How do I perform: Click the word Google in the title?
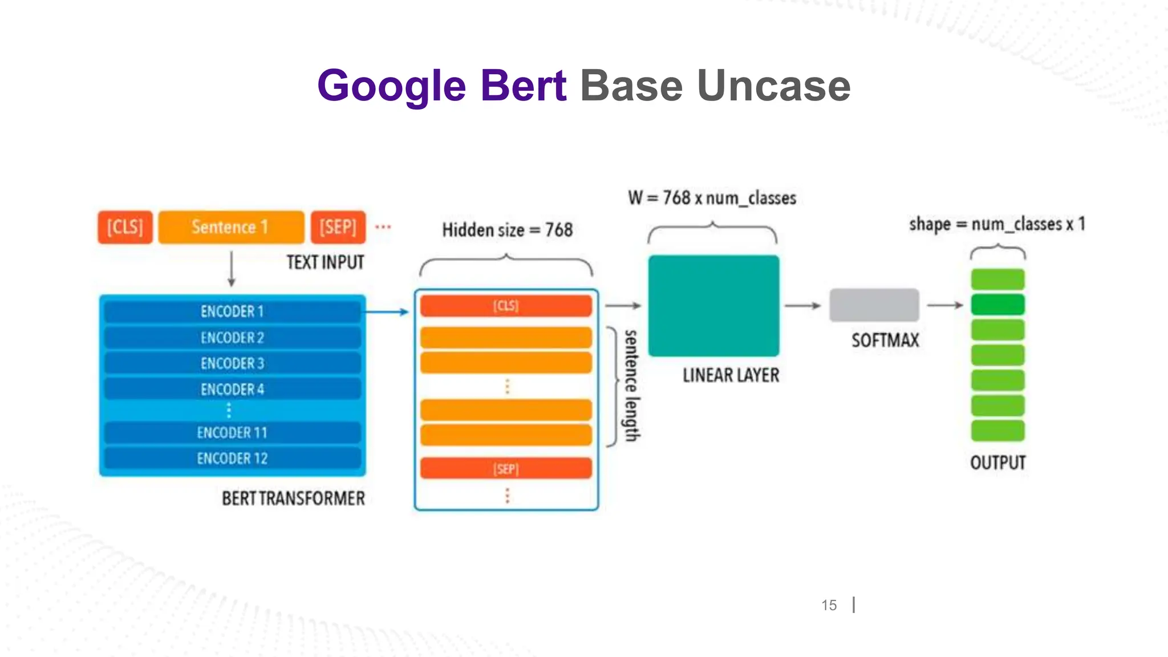click(x=392, y=86)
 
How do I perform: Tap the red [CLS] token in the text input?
click(x=125, y=227)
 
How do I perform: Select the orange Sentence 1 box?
click(x=231, y=227)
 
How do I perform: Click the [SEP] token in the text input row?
click(x=338, y=227)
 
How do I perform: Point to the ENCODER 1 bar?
click(x=232, y=311)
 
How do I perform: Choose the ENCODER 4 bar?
click(x=232, y=390)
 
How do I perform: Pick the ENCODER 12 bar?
click(x=232, y=459)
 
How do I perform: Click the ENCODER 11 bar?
click(x=232, y=433)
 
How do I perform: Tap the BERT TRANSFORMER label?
click(x=293, y=498)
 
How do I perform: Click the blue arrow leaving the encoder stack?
click(x=387, y=312)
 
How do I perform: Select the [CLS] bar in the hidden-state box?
click(x=506, y=306)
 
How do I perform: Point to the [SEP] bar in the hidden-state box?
click(x=506, y=469)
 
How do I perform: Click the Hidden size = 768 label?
click(x=507, y=230)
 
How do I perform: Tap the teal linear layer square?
click(x=713, y=306)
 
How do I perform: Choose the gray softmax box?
click(x=874, y=305)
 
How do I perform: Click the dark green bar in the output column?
click(x=997, y=305)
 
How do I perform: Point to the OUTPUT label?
click(x=997, y=463)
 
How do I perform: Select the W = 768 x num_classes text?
click(x=712, y=198)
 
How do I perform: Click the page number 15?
click(x=829, y=605)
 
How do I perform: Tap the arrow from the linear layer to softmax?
click(x=802, y=306)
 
